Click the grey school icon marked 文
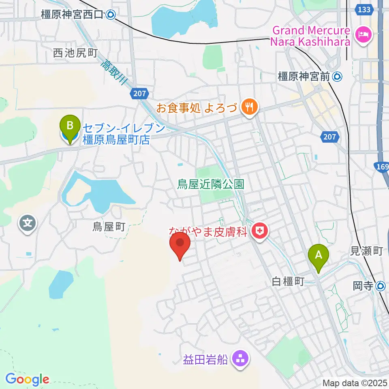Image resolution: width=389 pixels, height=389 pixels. click(x=28, y=223)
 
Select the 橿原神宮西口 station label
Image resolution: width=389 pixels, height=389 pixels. click(x=73, y=15)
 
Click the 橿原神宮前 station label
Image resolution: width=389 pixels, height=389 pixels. click(x=304, y=76)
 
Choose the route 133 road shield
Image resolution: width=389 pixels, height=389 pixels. click(x=364, y=9)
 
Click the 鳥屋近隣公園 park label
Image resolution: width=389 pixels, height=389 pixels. click(x=211, y=185)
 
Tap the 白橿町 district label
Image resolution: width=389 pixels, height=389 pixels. click(x=288, y=282)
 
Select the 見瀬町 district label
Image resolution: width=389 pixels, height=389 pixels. click(x=366, y=252)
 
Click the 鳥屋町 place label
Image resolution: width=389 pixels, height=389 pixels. click(x=109, y=227)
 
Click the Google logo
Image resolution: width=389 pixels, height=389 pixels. click(x=27, y=379)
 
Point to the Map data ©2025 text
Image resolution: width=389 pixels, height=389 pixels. click(x=355, y=383)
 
